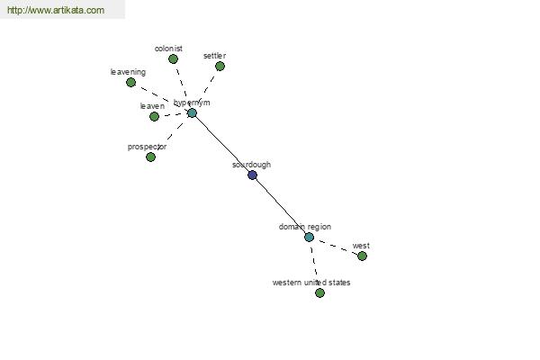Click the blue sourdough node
click(252, 175)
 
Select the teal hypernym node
click(192, 113)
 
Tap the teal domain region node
click(310, 237)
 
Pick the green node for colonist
click(173, 59)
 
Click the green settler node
click(220, 66)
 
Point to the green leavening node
click(130, 82)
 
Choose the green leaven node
click(154, 116)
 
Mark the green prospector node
click(150, 157)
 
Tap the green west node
click(362, 256)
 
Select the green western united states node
click(319, 292)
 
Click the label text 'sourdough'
click(251, 165)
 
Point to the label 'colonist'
click(168, 49)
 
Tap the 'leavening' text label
click(128, 72)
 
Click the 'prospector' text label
click(147, 147)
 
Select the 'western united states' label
click(311, 283)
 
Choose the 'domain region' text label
click(305, 227)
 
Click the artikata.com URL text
click(56, 10)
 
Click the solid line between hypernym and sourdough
click(222, 144)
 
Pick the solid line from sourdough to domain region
click(281, 206)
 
